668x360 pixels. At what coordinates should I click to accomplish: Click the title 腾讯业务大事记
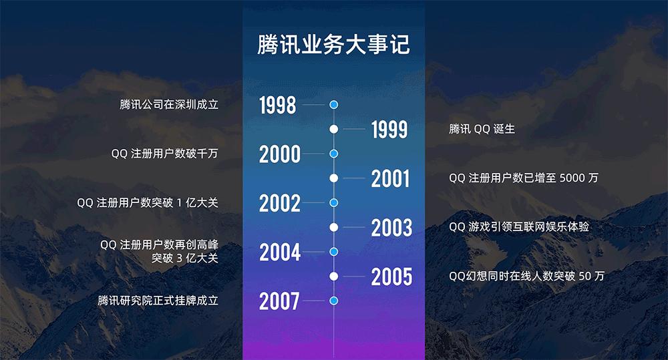click(333, 45)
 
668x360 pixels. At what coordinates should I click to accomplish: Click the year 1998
click(278, 105)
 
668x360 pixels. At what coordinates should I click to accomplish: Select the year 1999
click(389, 130)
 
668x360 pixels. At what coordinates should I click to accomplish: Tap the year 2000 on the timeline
click(280, 154)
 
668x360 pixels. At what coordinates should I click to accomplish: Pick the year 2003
click(391, 228)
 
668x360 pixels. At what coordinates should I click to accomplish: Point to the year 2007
click(279, 301)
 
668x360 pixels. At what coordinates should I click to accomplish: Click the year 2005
click(391, 277)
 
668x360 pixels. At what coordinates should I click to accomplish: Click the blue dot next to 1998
click(334, 105)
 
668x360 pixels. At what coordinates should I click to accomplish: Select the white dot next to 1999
click(334, 129)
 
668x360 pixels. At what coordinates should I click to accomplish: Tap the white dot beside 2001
click(334, 178)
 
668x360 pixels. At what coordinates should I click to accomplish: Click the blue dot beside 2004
click(334, 252)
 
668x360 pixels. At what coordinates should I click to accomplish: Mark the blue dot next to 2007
click(334, 301)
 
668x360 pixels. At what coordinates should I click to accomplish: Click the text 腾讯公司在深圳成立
click(169, 105)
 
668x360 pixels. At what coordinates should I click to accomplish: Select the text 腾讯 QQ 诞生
click(482, 129)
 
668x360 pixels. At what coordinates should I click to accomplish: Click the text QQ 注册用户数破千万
click(164, 154)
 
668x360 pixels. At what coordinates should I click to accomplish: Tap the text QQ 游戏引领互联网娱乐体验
click(519, 227)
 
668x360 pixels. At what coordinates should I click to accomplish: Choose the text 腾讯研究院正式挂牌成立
click(158, 301)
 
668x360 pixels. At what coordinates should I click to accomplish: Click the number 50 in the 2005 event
click(585, 276)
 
